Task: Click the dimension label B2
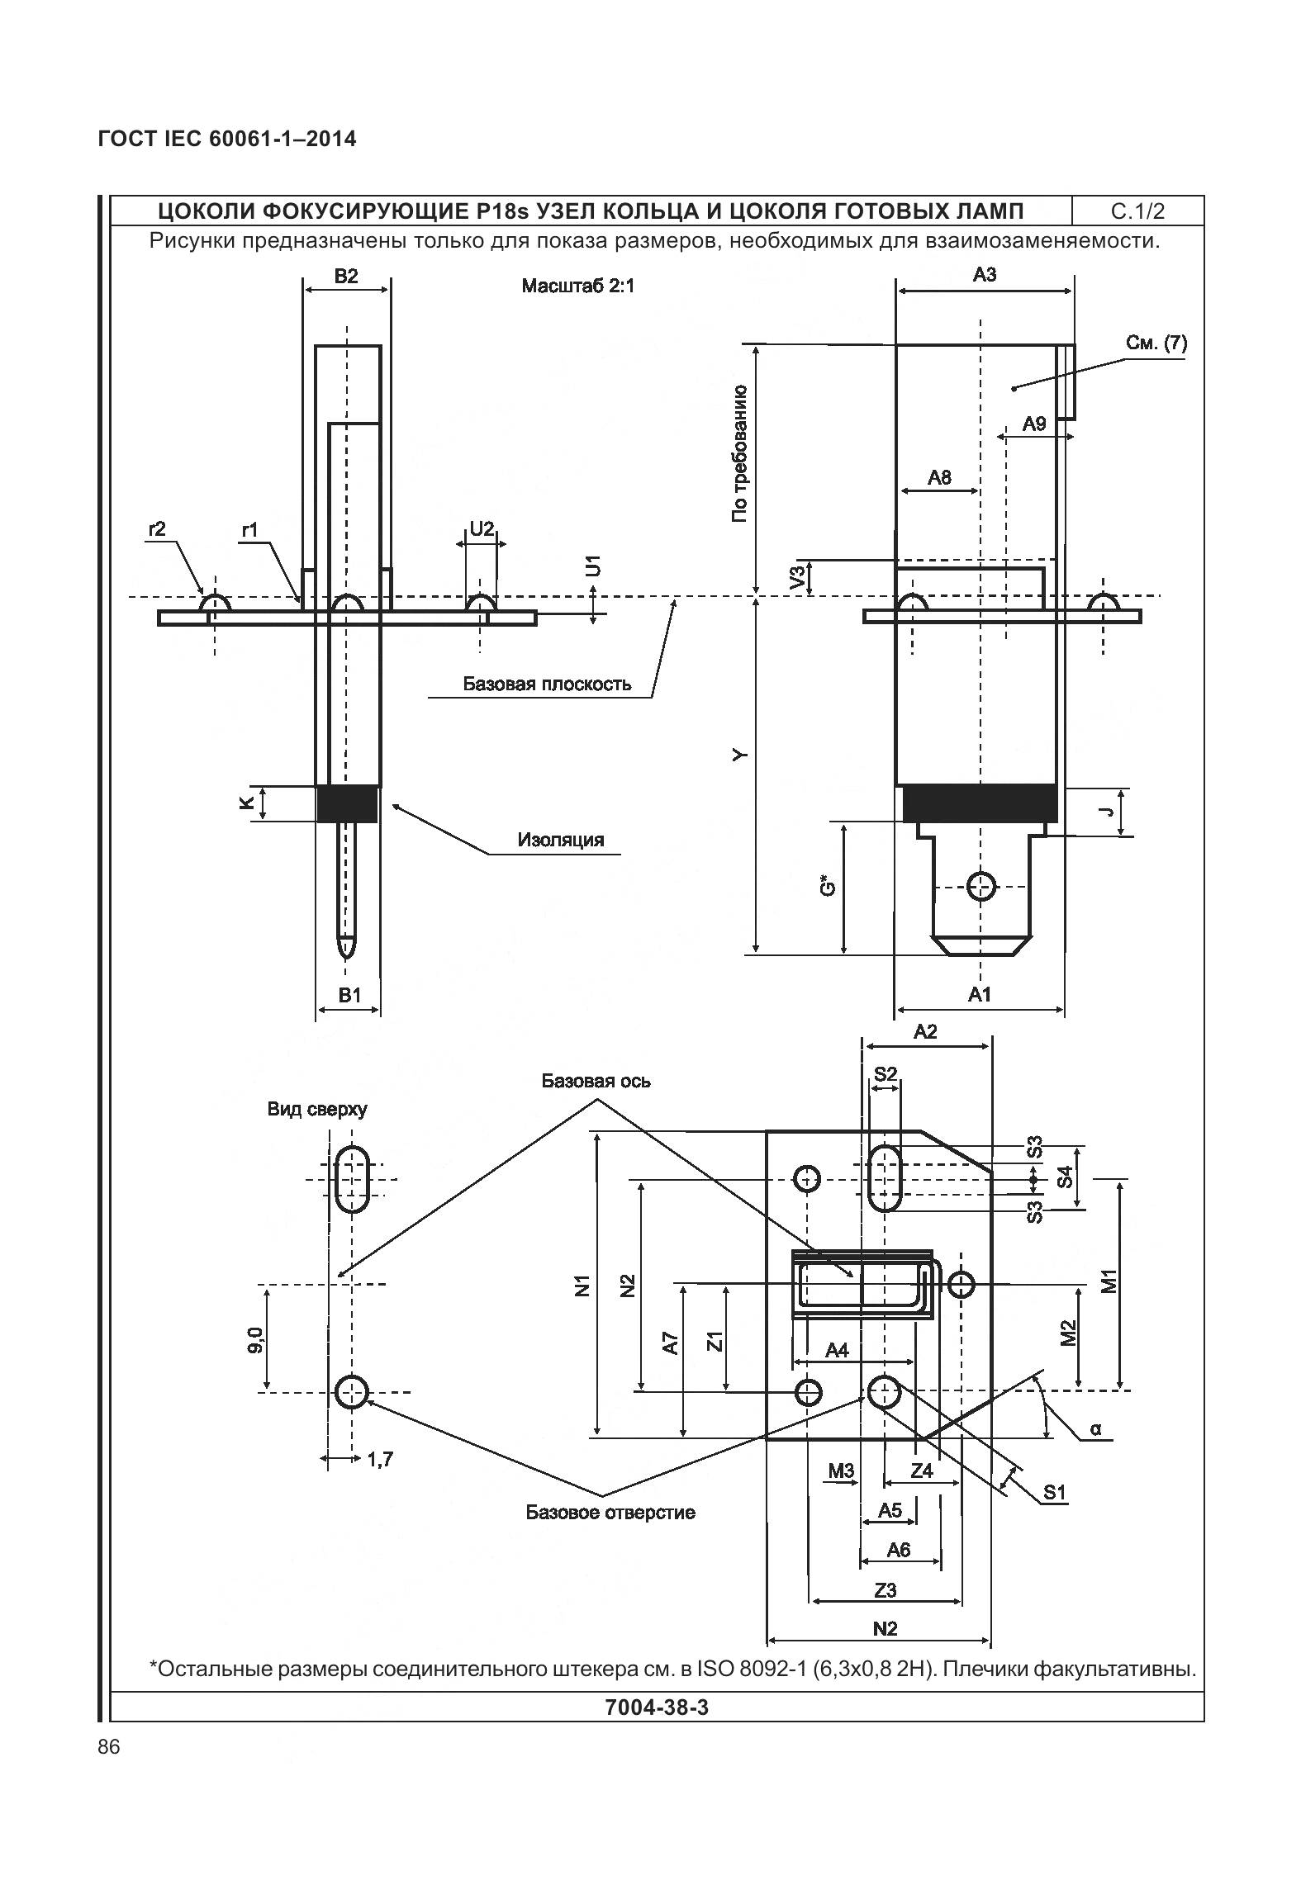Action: [x=346, y=277]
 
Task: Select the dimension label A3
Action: [x=984, y=276]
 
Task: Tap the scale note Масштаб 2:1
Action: [x=577, y=287]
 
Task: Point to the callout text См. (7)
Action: [x=1156, y=343]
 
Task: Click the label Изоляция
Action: [x=561, y=841]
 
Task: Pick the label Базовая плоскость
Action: [x=546, y=684]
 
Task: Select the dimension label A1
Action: [x=979, y=995]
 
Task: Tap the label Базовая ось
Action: [x=596, y=1081]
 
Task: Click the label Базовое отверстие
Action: [x=610, y=1513]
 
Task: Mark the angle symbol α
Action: [x=1095, y=1428]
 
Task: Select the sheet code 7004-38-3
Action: [x=657, y=1707]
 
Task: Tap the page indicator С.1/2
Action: [x=1137, y=211]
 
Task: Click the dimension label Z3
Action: [x=885, y=1589]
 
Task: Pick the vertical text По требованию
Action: [x=739, y=453]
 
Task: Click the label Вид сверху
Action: [x=317, y=1109]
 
